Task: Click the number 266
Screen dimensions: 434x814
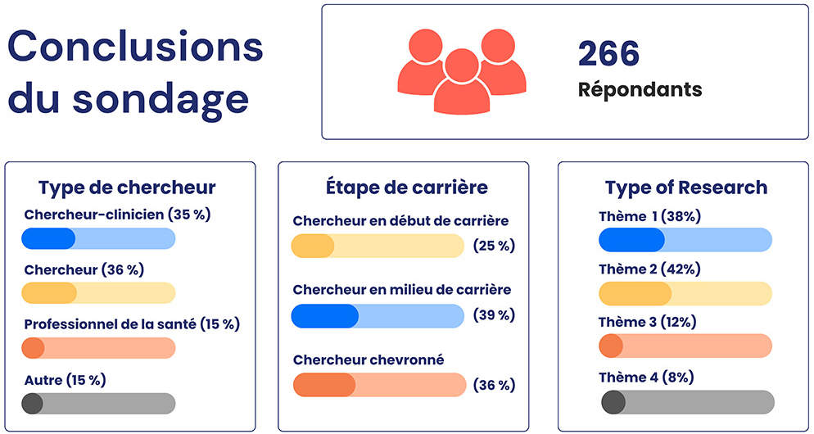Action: (x=608, y=54)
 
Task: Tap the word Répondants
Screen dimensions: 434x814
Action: (x=640, y=88)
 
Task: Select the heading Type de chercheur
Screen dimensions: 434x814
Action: (x=127, y=188)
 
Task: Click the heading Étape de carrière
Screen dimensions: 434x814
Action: (x=402, y=188)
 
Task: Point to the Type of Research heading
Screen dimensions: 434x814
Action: (x=686, y=188)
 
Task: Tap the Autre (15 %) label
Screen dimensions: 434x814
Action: (x=65, y=380)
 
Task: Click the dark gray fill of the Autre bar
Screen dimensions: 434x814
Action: (x=33, y=404)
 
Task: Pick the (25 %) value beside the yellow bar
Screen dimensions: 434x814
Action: (x=495, y=246)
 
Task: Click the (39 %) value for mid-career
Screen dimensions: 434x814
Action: (x=495, y=315)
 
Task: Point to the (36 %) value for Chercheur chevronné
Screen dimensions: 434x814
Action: (x=495, y=385)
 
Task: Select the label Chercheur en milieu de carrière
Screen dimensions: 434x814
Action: (x=401, y=290)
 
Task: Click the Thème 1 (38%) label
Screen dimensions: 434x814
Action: (x=649, y=217)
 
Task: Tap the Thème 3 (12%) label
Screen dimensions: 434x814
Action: (x=648, y=322)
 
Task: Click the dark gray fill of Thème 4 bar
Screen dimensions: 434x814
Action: (x=613, y=402)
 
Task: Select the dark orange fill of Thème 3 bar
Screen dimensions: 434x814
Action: (x=611, y=346)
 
